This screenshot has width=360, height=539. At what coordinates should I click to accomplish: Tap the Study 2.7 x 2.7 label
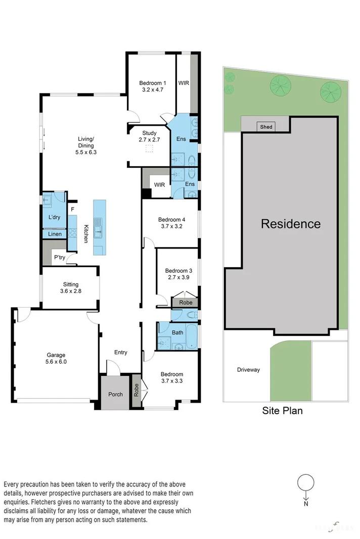pos(149,136)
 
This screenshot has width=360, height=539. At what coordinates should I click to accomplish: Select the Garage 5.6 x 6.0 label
pos(56,358)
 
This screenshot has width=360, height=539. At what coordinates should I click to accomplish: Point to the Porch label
pos(116,394)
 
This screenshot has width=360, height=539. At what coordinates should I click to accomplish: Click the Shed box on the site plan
pos(266,127)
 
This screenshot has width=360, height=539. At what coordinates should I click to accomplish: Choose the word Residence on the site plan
pos(290,224)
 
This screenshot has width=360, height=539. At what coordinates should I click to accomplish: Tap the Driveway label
pos(248,370)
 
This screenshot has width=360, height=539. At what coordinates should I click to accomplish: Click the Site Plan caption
pos(282,411)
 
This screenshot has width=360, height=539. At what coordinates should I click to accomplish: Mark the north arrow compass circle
pos(305,483)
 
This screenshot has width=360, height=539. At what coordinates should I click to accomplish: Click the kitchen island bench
pos(100,226)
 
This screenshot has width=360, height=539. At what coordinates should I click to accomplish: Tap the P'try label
pos(60,258)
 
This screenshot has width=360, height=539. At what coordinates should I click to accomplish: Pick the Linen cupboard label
pos(55,234)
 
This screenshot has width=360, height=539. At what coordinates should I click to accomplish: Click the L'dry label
pos(55,217)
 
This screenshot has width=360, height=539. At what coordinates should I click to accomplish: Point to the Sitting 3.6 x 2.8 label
pos(71,287)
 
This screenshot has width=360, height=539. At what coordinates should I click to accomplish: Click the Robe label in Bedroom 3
pos(186,303)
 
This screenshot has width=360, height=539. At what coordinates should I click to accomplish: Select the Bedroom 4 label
pos(171,223)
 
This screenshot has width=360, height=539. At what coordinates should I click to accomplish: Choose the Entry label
pos(120,353)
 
